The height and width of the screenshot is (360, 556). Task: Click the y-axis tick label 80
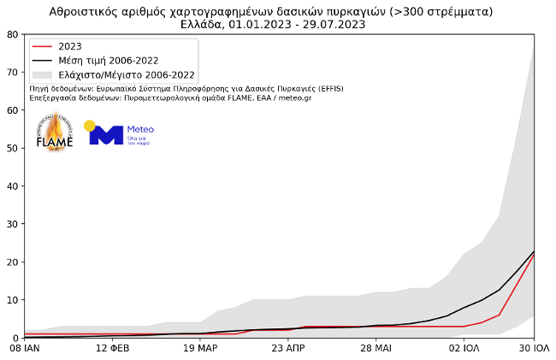[x=12, y=34]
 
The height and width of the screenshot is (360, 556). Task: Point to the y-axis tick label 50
[x=12, y=148]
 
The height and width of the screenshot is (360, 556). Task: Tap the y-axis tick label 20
[x=12, y=262]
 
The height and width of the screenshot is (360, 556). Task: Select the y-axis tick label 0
[x=15, y=338]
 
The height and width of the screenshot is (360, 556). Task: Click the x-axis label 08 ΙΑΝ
[x=24, y=350]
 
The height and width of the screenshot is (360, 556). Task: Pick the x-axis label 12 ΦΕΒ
[x=112, y=350]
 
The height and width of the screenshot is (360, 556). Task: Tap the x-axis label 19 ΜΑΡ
[x=200, y=350]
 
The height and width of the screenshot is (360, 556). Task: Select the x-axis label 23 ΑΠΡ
[x=288, y=350]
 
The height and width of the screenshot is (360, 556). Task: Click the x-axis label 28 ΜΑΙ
[x=376, y=350]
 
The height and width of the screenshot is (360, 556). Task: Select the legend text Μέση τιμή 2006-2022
[x=108, y=61]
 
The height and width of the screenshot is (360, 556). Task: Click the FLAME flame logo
[x=55, y=133]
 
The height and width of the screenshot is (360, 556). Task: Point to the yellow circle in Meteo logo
[x=90, y=126]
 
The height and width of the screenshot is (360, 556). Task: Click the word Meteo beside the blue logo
[x=140, y=130]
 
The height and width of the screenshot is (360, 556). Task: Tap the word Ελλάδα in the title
[x=204, y=24]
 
